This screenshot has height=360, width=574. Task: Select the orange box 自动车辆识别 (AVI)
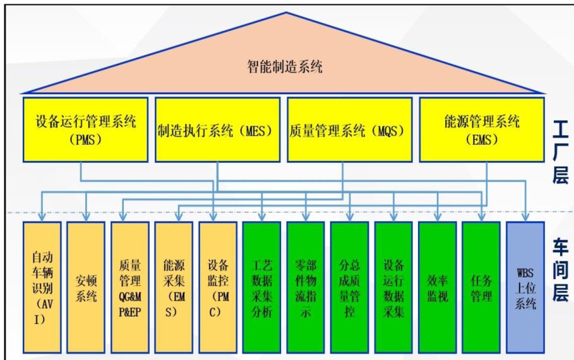pyautogui.click(x=41, y=287)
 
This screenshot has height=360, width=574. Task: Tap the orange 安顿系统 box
pyautogui.click(x=85, y=287)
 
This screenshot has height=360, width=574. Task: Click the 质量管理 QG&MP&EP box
pyautogui.click(x=129, y=287)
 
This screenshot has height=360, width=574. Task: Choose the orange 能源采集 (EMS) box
pyautogui.click(x=173, y=287)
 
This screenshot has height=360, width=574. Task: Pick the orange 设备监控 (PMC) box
pyautogui.click(x=217, y=287)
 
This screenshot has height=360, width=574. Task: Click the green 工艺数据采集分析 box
pyautogui.click(x=261, y=287)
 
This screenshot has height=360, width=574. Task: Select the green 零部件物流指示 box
pyautogui.click(x=305, y=287)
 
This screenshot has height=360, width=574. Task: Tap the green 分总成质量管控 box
pyautogui.click(x=349, y=287)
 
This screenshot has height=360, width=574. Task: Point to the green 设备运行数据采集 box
pyautogui.click(x=393, y=287)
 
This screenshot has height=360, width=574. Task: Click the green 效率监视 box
pyautogui.click(x=437, y=287)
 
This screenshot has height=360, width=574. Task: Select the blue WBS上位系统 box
pyautogui.click(x=524, y=287)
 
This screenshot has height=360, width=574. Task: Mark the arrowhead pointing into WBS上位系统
pyautogui.click(x=524, y=217)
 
